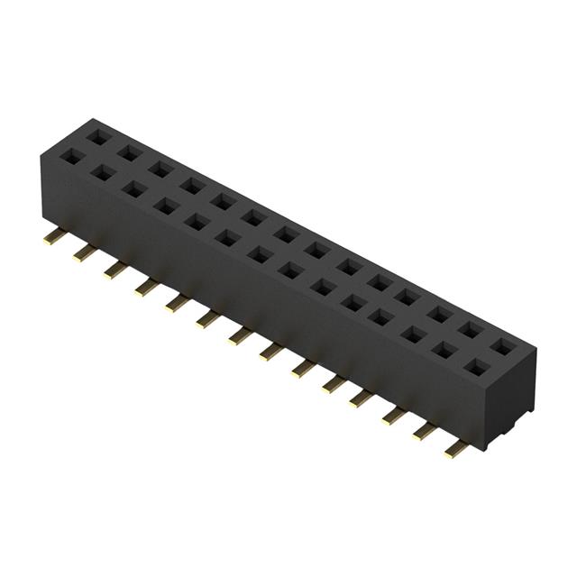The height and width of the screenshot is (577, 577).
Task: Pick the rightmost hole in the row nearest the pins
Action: coord(476,367)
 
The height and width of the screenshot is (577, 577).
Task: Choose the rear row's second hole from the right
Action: coord(471,330)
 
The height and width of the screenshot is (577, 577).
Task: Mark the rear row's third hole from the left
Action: coord(160,169)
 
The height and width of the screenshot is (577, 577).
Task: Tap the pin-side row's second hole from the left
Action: coord(102,173)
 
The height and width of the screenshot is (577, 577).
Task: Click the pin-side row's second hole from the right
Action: coord(444,352)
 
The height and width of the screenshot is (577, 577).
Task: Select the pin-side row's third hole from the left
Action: coord(133,189)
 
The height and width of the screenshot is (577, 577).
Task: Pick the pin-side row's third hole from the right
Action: coord(414,335)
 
